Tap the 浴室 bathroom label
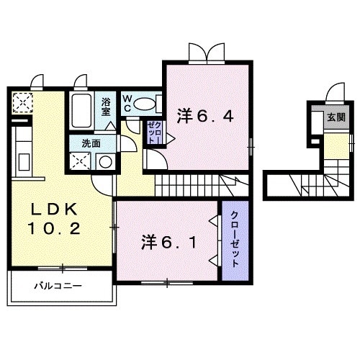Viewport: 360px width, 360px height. [107, 107]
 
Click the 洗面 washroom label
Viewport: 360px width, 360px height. [90, 142]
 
